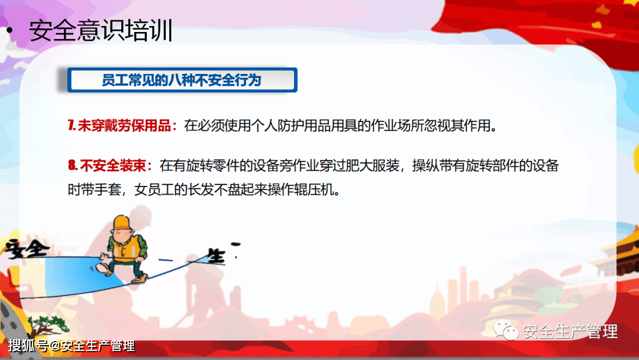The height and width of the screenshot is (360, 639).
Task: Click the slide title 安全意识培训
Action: (101, 31)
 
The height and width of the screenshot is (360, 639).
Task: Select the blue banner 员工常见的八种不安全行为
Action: (182, 81)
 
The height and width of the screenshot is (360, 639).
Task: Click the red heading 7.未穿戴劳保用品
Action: (122, 126)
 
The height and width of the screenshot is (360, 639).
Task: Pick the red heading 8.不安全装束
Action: (111, 165)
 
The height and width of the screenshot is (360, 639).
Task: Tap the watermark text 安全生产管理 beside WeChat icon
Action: (570, 332)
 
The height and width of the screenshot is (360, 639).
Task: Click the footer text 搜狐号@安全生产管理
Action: (72, 346)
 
